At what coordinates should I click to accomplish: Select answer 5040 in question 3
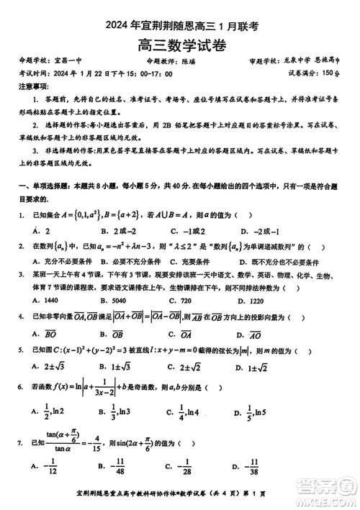click(x=114, y=298)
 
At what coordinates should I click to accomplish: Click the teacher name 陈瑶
click(x=189, y=62)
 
